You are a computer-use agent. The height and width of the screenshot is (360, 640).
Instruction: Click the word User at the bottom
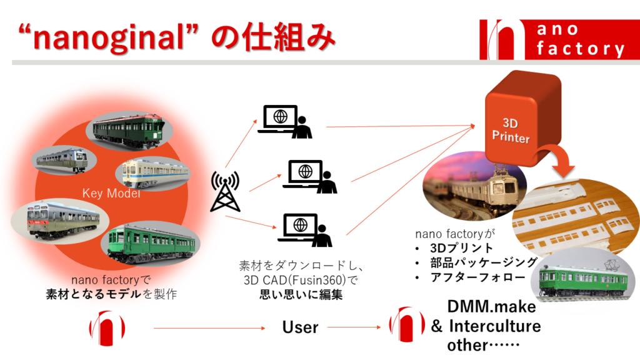300,327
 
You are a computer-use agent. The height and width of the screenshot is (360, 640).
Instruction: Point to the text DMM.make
491,307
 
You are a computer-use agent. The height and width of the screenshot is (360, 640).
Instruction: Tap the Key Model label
111,194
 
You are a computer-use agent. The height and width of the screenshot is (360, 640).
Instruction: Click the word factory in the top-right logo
581,49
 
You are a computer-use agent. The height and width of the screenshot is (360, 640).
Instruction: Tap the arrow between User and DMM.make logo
354,327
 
